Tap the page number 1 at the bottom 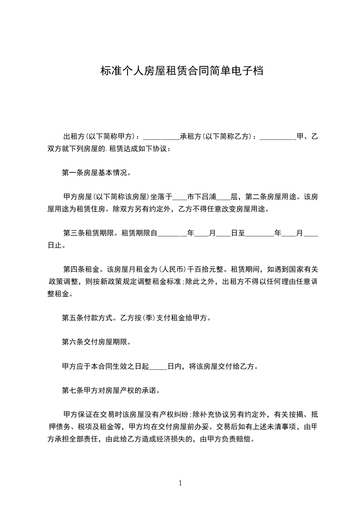tap(180, 483)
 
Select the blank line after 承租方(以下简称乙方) tap(278, 136)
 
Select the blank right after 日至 tap(259, 234)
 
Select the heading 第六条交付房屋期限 tap(96, 342)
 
